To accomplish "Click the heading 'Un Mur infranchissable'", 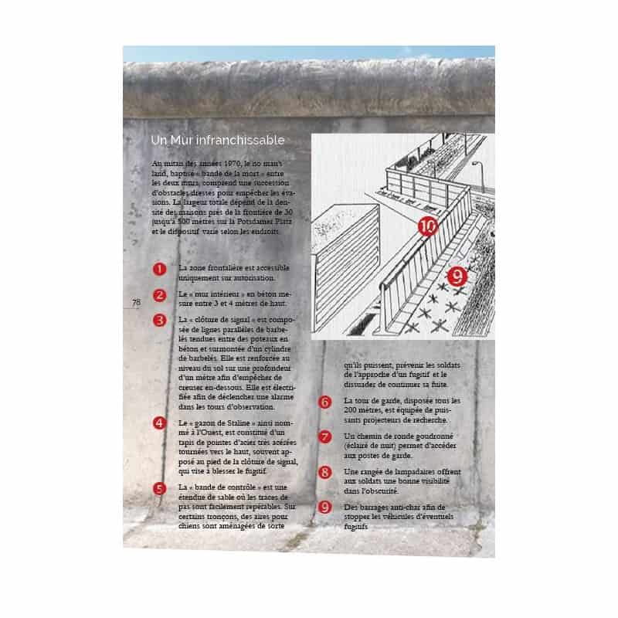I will click(218, 141).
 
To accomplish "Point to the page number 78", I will click(136, 302).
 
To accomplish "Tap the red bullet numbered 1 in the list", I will click(159, 270).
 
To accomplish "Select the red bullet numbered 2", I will click(159, 294).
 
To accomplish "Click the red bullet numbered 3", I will click(159, 319).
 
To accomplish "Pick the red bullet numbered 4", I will click(159, 423).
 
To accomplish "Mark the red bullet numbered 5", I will click(159, 488).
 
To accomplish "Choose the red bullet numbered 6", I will click(325, 402).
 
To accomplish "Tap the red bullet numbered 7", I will click(325, 436).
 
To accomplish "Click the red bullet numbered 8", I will click(325, 471).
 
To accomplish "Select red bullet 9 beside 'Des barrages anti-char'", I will click(325, 507).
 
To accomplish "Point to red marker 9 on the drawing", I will click(457, 274).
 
